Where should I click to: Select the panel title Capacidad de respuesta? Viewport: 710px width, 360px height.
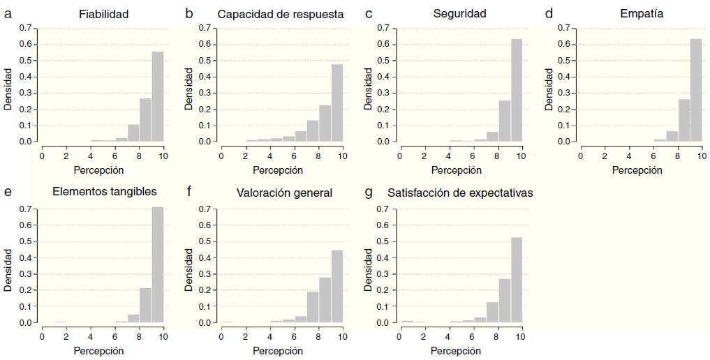tap(281, 14)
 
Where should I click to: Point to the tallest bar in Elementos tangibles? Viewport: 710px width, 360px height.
tap(158, 265)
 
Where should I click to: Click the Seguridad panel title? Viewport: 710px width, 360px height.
tap(459, 14)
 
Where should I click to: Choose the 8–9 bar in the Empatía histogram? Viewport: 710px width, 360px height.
tap(684, 120)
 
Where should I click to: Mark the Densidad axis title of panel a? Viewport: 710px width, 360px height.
tap(9, 89)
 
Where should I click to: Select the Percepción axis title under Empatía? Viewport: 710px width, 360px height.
tap(637, 170)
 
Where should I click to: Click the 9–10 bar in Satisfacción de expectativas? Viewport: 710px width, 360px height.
tap(517, 280)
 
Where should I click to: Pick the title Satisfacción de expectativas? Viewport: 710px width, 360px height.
tap(460, 193)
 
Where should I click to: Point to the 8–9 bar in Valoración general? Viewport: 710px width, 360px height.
tap(325, 300)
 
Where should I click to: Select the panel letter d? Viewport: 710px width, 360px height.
tap(549, 13)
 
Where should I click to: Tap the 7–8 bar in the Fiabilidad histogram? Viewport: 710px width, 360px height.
tap(133, 133)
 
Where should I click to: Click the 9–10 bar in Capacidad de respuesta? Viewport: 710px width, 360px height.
tap(337, 103)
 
